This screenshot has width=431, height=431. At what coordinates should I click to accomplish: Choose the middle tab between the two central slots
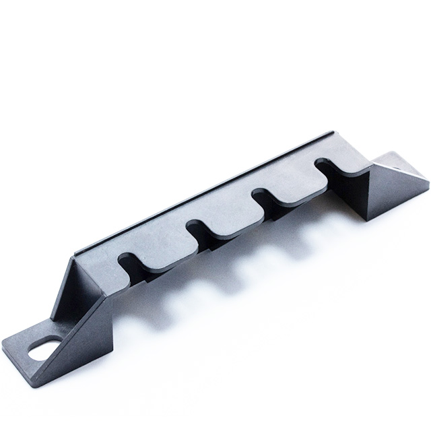(x=232, y=222)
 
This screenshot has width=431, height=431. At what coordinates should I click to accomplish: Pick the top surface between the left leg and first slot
(x=101, y=266)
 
